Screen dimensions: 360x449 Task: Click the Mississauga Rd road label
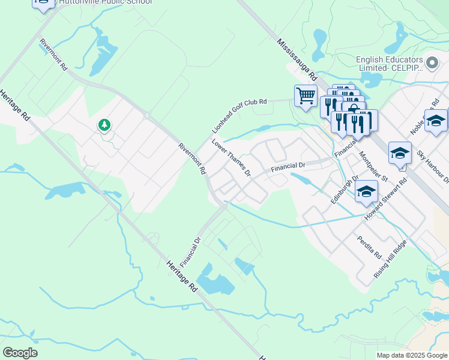[x=297, y=60]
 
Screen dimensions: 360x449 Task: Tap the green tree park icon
[x=104, y=125]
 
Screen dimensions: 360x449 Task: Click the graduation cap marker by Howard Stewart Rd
[x=366, y=192]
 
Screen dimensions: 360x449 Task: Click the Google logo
[x=20, y=353]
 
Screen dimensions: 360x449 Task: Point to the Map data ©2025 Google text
[x=411, y=355]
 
